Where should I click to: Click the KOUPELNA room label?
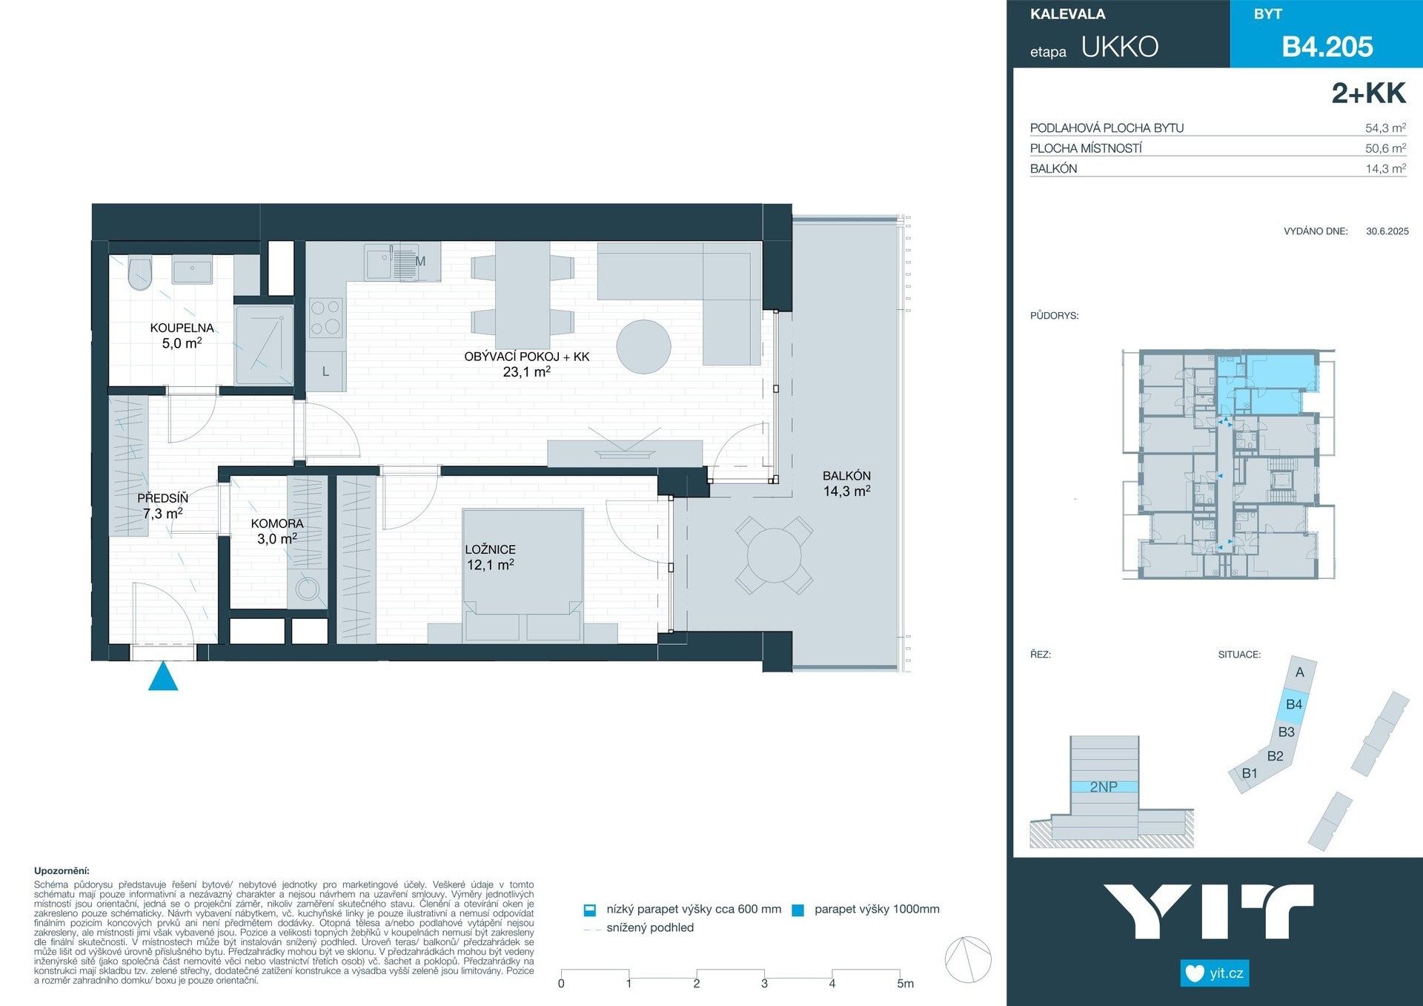pos(182,328)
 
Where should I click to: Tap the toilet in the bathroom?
pos(139,274)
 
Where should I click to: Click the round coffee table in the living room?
pos(643,347)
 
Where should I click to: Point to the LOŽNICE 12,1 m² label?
pos(490,557)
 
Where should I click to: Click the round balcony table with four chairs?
pos(774,555)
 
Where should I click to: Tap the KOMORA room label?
pos(277,523)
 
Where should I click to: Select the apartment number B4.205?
pos(1327,47)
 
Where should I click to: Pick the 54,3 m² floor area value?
pos(1384,128)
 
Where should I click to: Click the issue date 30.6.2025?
pos(1387,231)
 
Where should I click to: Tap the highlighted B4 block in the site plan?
pos(1293,704)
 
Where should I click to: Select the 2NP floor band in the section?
pos(1104,787)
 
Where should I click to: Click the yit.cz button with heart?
pos(1214,973)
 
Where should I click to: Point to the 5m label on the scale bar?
pos(905,984)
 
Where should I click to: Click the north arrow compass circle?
pos(968,959)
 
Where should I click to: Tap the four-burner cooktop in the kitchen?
pos(325,317)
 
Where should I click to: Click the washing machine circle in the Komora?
pos(307,589)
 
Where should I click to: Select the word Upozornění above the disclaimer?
pos(62,871)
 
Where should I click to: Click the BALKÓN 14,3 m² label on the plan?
pos(846,483)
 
